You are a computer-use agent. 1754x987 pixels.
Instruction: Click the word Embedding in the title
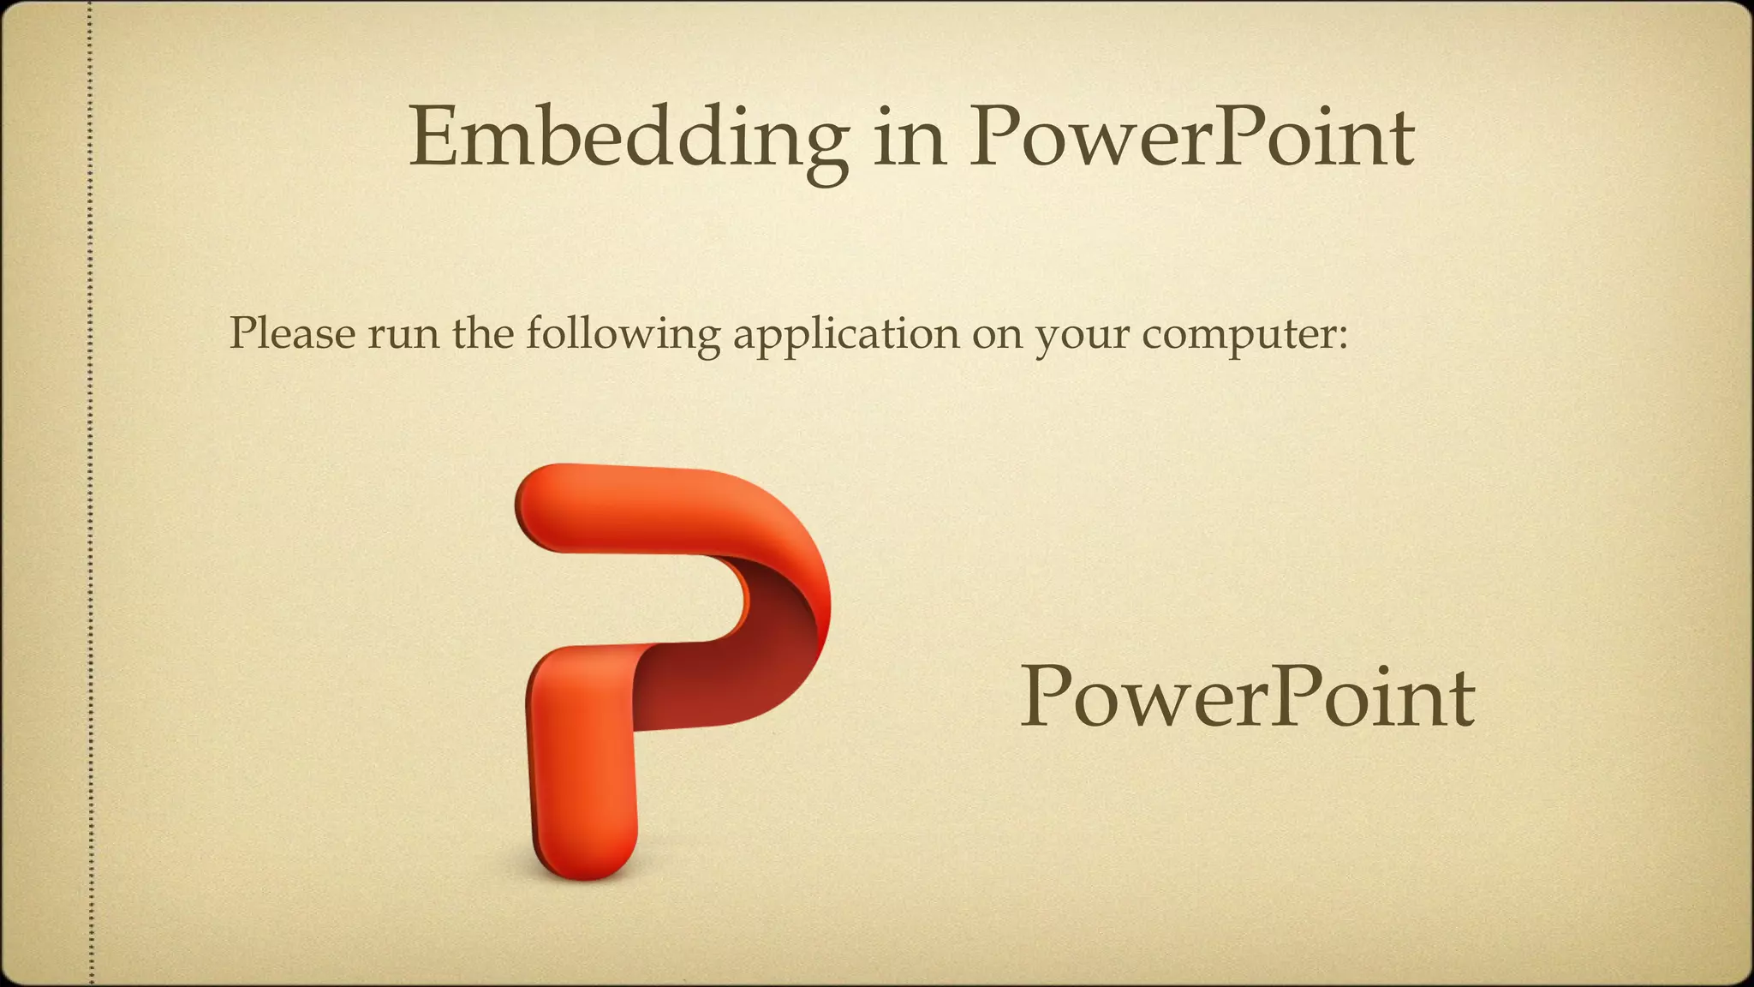pos(629,137)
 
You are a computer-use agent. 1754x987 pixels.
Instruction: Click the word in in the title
pos(910,137)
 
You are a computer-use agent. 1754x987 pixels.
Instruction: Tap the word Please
pos(291,332)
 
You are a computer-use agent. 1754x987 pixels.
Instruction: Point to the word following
pos(623,334)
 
